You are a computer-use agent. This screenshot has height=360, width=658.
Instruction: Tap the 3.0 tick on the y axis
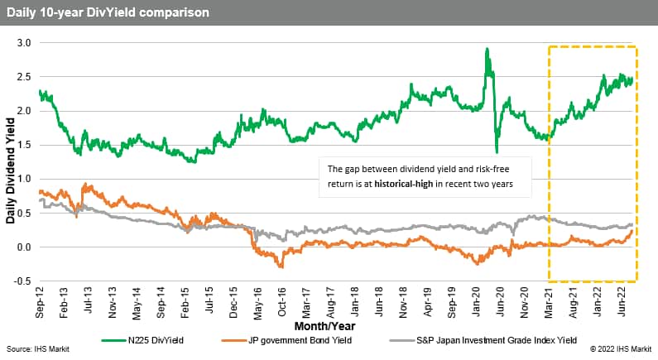click(24, 42)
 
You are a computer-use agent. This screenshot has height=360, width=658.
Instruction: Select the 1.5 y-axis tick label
click(24, 145)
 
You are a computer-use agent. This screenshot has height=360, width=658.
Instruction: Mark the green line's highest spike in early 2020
click(487, 49)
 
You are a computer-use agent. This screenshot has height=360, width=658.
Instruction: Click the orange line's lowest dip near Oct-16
click(281, 266)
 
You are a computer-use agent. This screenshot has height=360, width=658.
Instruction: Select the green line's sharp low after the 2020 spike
click(497, 152)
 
